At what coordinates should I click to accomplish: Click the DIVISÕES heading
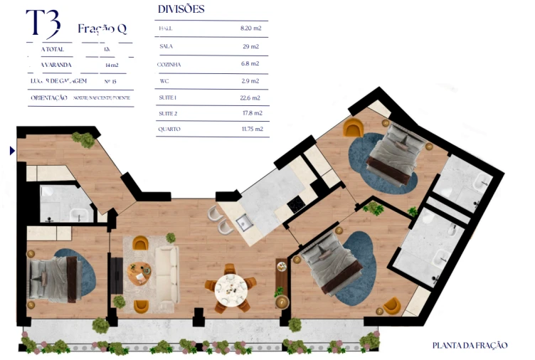tap(180, 9)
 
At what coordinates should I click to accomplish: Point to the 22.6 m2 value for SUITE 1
tap(250, 97)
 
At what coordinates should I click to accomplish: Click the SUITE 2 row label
tap(169, 114)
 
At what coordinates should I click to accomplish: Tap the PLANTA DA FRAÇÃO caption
tap(470, 345)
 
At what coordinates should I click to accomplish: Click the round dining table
tap(231, 287)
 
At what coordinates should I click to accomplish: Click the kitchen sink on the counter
tap(244, 223)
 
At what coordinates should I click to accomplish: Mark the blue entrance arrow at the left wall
tap(11, 151)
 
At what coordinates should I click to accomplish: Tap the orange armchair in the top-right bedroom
tap(353, 128)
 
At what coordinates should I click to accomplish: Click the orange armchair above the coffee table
tap(141, 244)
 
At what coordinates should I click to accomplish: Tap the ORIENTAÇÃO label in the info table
tap(49, 97)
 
